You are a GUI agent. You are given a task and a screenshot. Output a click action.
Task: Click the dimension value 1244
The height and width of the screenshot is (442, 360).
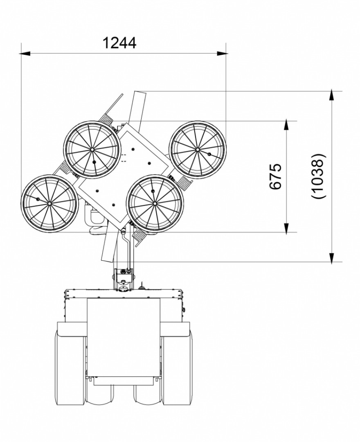pyautogui.click(x=119, y=43)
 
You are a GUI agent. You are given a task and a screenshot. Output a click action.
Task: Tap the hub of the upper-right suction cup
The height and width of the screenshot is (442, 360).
pyautogui.click(x=197, y=149)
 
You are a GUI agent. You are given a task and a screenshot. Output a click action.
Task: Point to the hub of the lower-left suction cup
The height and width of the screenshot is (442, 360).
pyautogui.click(x=49, y=203)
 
